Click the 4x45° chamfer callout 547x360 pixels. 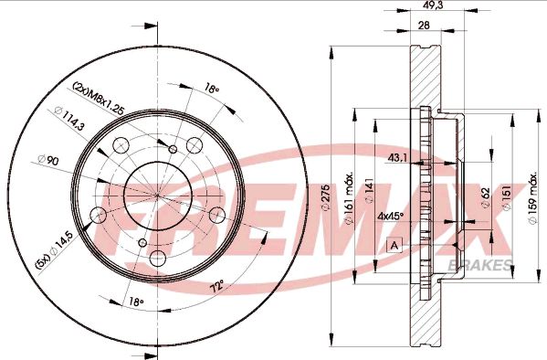[392, 217]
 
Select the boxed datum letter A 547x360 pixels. [394, 245]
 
